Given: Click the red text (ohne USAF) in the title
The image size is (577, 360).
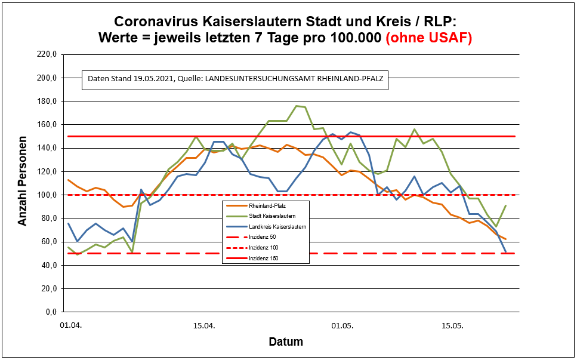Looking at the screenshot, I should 429,38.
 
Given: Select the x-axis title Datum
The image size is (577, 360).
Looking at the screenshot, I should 285,342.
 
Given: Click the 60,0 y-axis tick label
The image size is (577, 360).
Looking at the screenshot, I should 47,242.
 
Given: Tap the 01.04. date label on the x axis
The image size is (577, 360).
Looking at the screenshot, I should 70,327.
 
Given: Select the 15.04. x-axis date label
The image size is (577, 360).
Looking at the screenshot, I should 203,327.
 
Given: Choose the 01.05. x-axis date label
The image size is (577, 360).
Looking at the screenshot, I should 343,327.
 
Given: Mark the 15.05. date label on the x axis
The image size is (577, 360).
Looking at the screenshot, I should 452,327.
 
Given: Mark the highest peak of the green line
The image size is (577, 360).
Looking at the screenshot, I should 297,106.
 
